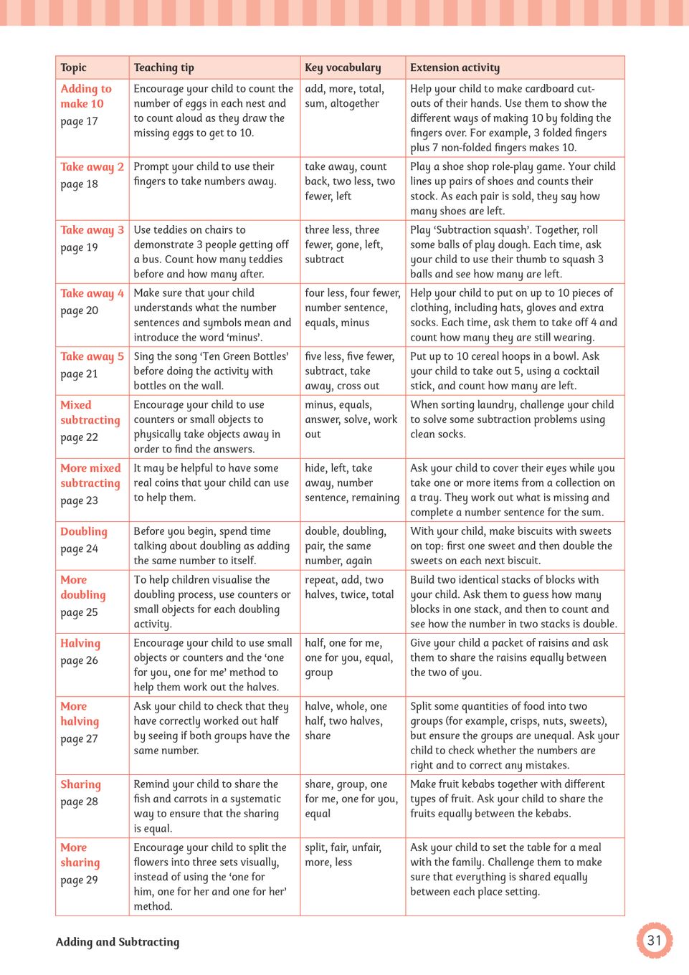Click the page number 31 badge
coord(654,940)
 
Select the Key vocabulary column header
coord(343,67)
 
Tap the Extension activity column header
coord(455,67)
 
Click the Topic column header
coord(73,67)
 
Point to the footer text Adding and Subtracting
coord(118,941)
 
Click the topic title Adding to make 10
coord(85,96)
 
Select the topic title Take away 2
coord(92,166)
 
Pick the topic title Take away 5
coord(92,356)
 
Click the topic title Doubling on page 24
coord(84,531)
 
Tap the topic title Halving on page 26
coord(80,643)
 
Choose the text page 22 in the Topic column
coord(79,437)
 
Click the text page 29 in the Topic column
coord(79,880)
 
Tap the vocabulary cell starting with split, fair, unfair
coord(343,855)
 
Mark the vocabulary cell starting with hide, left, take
coord(351,482)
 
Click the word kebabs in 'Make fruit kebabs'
coord(486,784)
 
